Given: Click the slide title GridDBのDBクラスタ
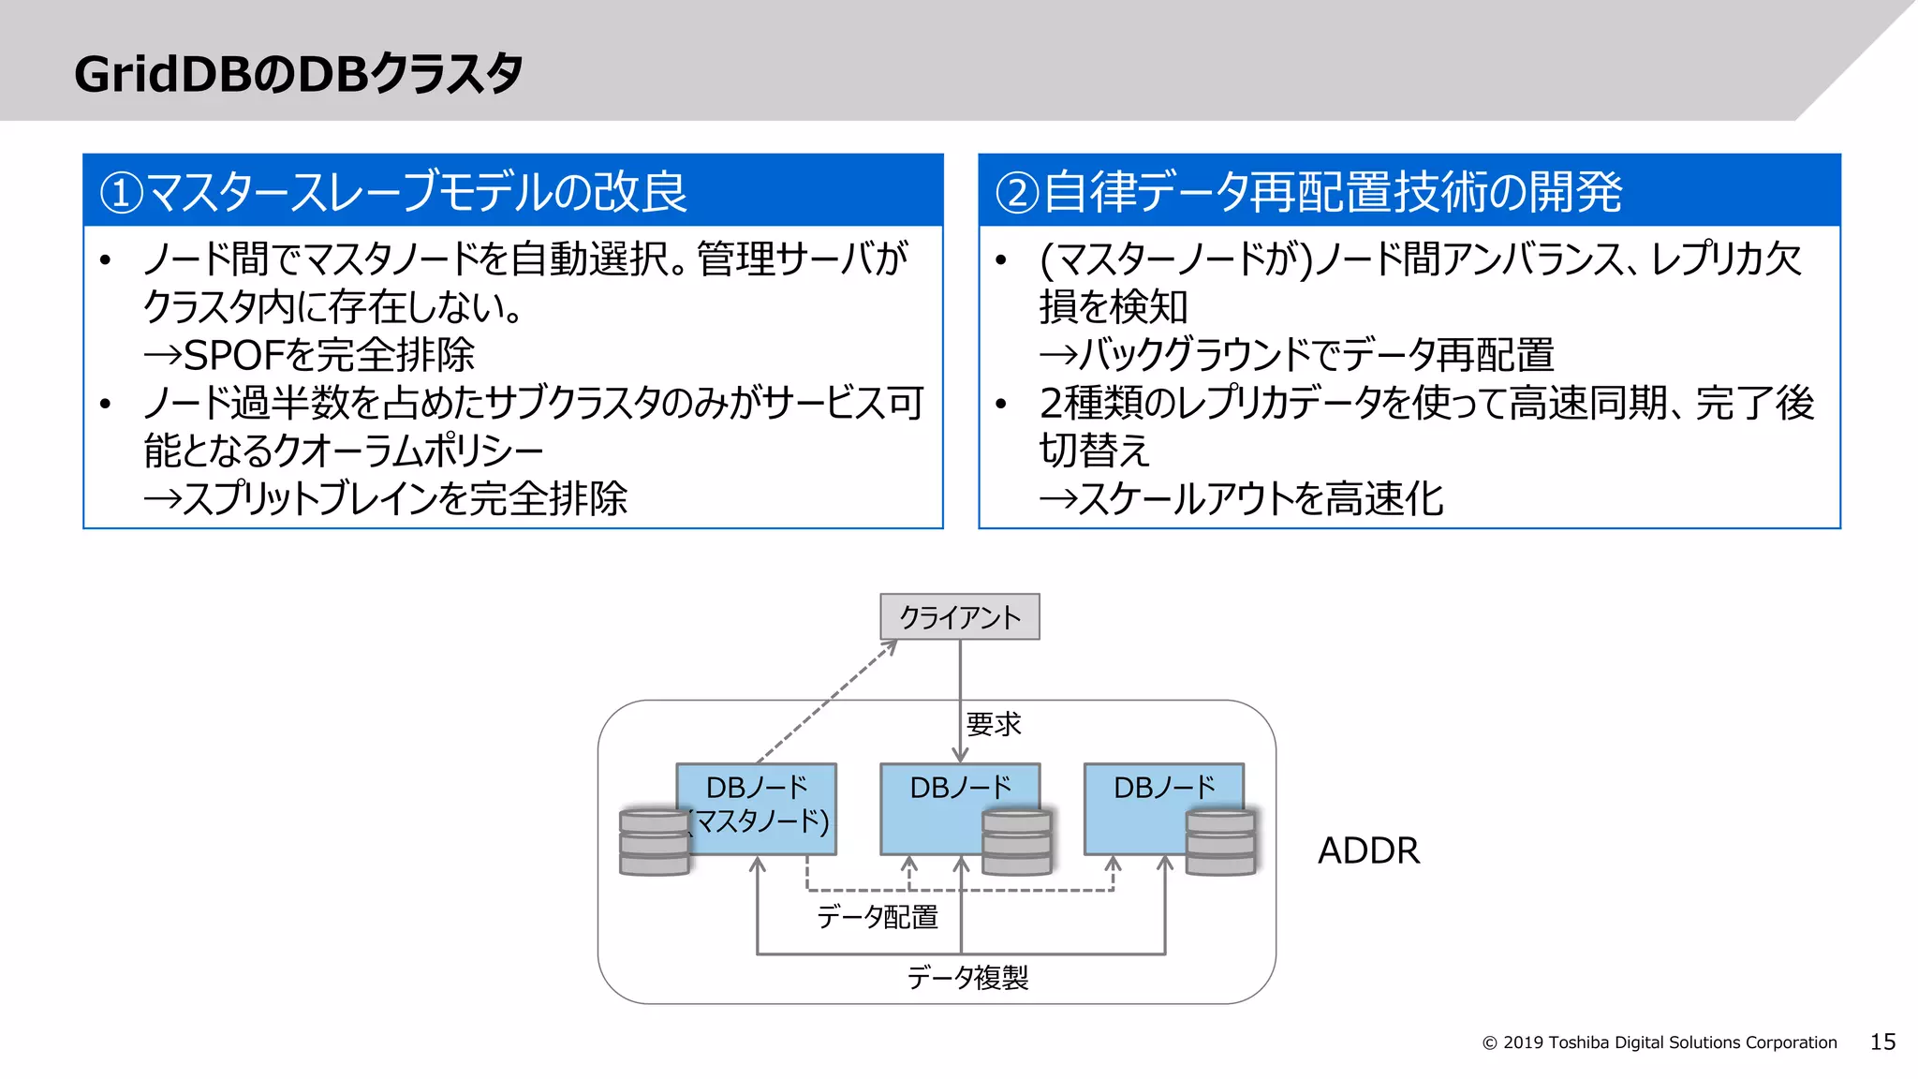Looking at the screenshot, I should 298,73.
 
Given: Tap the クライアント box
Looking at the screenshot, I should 959,617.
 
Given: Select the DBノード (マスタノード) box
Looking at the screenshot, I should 757,807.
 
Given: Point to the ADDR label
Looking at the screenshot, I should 1368,850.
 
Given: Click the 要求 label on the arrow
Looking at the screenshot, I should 994,724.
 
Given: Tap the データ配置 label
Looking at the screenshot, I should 877,916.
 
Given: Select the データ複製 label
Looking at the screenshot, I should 967,978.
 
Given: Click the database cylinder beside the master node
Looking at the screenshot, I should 654,842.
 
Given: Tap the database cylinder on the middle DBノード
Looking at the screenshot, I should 1016,842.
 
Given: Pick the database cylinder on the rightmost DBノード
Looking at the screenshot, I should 1219,842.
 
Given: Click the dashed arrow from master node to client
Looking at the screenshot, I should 824,702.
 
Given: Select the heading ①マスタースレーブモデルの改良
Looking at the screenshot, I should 393,191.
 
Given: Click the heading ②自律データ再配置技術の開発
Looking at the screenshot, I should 1308,191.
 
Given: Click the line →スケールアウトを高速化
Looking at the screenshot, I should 1242,498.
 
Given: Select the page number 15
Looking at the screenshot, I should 1882,1042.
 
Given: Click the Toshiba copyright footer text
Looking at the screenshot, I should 1660,1042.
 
